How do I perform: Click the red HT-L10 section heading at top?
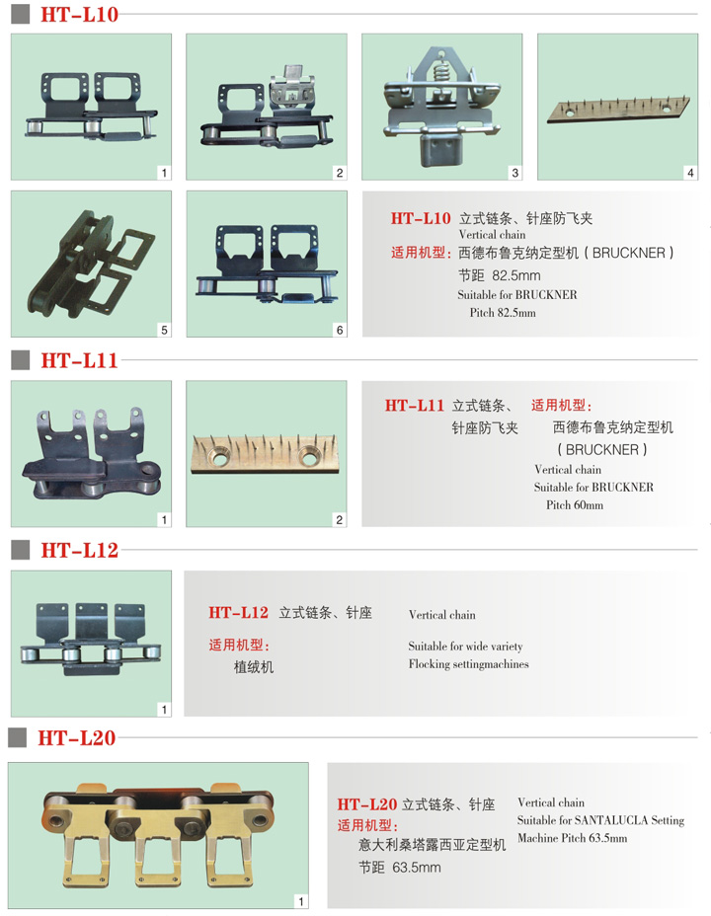(x=79, y=14)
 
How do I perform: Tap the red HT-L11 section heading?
(x=79, y=360)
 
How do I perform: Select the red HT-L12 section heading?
(x=79, y=550)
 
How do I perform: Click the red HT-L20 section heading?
(x=77, y=737)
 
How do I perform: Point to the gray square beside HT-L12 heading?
(x=21, y=550)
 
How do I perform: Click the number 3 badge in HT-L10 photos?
(x=514, y=173)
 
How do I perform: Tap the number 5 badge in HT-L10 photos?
(x=164, y=330)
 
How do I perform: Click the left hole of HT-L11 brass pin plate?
(x=220, y=459)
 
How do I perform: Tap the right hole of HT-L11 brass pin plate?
(x=308, y=457)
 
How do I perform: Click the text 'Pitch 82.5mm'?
(x=503, y=313)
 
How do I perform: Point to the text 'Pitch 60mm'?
(x=575, y=504)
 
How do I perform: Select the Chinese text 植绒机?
(x=254, y=667)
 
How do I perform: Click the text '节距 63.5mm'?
(x=400, y=868)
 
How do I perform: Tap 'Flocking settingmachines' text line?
(x=468, y=664)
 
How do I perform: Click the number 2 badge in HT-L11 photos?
(x=340, y=519)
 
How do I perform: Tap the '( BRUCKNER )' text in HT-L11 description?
(x=602, y=450)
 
